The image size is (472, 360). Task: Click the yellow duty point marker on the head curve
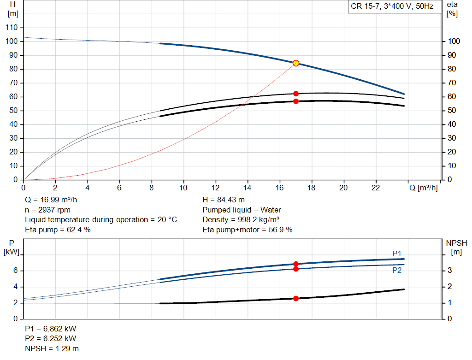click(296, 63)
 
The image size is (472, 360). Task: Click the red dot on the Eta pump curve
click(296, 94)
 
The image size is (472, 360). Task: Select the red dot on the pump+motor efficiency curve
click(296, 101)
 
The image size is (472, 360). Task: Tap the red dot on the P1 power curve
click(296, 264)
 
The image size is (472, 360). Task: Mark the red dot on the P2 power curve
click(296, 269)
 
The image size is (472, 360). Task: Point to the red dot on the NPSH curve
click(296, 298)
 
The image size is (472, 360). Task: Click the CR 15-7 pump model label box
click(392, 7)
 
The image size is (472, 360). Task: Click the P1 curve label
click(397, 254)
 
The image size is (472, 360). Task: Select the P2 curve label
click(397, 271)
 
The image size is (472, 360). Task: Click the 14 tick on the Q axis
click(248, 188)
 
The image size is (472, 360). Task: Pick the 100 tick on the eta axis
click(454, 41)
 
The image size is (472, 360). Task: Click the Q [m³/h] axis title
click(423, 188)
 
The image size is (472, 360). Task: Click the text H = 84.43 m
click(224, 200)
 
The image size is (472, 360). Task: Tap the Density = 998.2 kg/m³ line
click(241, 219)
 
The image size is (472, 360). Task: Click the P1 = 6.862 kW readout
click(51, 329)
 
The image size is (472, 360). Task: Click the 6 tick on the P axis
click(15, 271)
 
